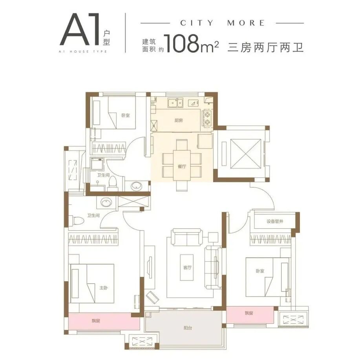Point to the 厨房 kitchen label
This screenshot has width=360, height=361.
179,121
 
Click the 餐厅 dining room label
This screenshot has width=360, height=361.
181,167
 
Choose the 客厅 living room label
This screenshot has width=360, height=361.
187,268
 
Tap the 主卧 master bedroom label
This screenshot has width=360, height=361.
104,288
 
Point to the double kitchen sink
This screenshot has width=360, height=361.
176,103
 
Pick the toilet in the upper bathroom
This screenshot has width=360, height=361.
113,183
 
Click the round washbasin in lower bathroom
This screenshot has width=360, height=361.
105,203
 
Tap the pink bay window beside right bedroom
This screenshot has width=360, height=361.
250,313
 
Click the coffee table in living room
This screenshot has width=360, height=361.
187,268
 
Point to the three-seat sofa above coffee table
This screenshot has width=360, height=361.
187,237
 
